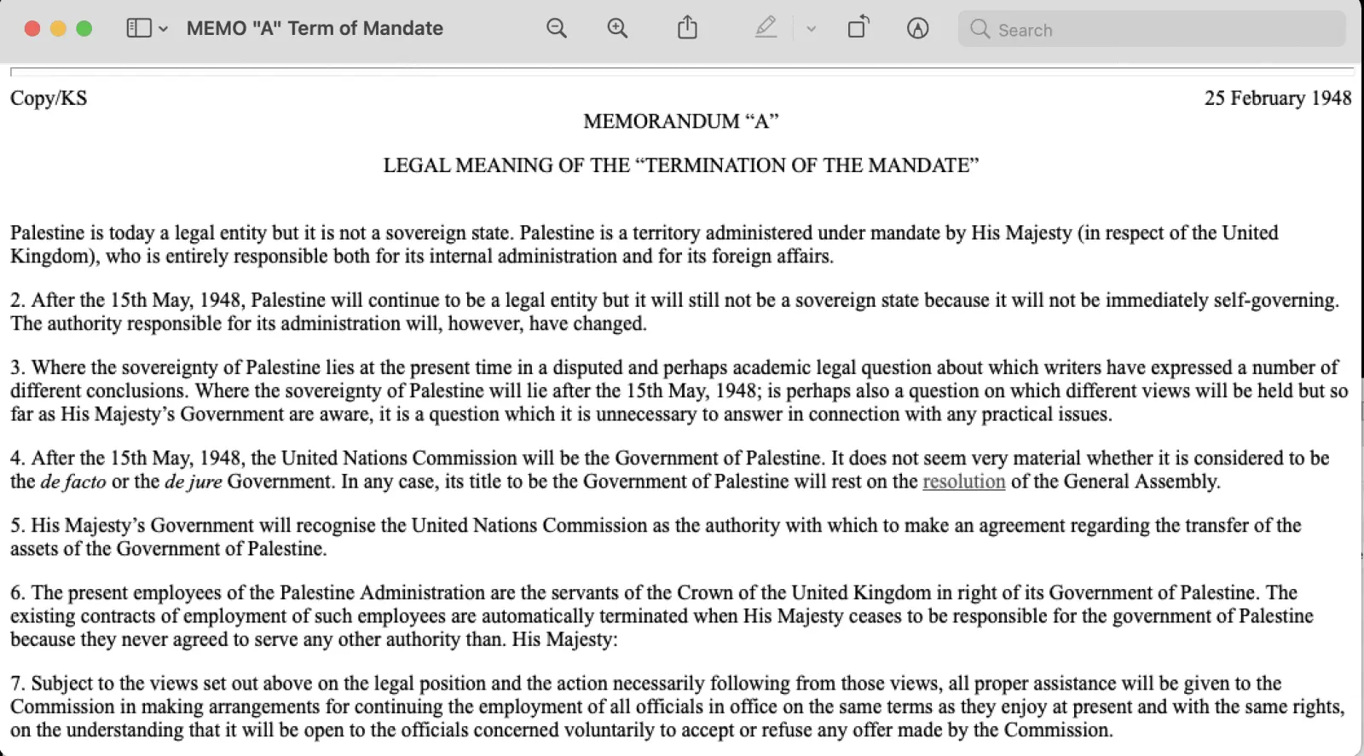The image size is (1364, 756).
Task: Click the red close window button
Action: click(x=32, y=28)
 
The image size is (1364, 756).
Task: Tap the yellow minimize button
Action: click(x=58, y=28)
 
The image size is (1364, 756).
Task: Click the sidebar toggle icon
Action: click(x=139, y=28)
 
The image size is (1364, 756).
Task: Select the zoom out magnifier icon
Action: click(x=557, y=28)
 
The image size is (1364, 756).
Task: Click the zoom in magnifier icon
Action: click(x=617, y=28)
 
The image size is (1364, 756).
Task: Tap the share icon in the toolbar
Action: click(x=687, y=28)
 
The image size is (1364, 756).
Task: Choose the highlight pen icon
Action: click(x=766, y=28)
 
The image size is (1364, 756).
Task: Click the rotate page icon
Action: click(x=858, y=28)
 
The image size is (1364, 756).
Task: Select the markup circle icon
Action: click(x=917, y=28)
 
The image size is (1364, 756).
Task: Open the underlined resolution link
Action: click(x=963, y=482)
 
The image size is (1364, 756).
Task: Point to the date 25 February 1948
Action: click(x=1277, y=98)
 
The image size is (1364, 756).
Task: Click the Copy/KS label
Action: click(x=49, y=98)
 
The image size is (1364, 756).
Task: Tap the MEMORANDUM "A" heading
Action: click(x=680, y=121)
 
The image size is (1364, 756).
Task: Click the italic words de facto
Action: click(x=73, y=482)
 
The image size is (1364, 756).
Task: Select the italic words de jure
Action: click(x=193, y=482)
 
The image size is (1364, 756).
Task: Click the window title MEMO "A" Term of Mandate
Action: click(x=315, y=28)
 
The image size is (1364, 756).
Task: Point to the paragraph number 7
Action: click(x=17, y=684)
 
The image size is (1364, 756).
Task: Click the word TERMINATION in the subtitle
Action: click(x=715, y=165)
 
